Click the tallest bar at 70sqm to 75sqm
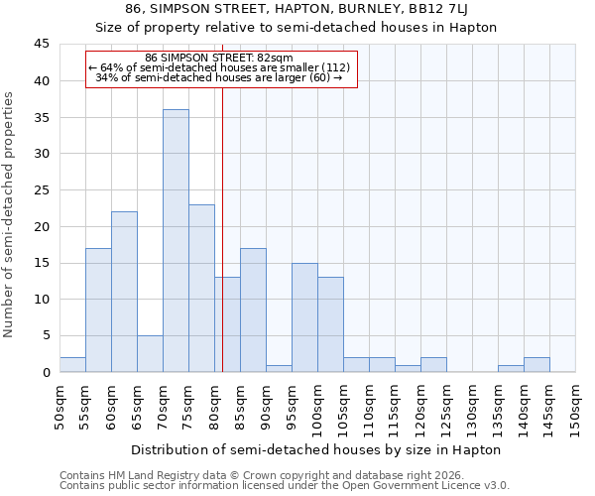176,241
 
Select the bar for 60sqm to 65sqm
124,292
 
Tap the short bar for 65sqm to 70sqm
150,353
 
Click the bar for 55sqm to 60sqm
98,310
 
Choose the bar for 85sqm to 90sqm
253,310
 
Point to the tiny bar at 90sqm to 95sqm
279,368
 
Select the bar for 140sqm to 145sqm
536,364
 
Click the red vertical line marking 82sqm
222,228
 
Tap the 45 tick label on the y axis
42,45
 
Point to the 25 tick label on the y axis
42,190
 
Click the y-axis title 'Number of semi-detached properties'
10,213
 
